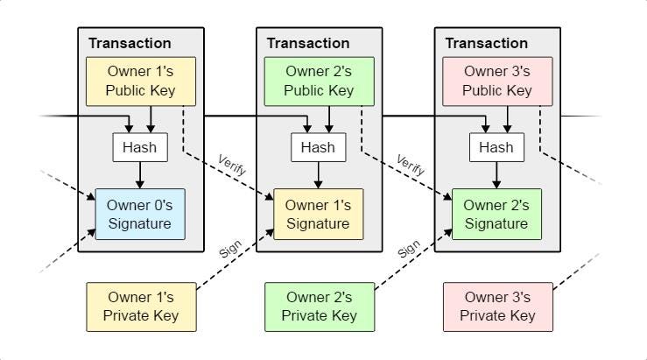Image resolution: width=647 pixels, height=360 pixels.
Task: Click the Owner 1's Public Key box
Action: (141, 81)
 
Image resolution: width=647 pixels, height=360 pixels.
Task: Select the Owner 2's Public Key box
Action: (319, 81)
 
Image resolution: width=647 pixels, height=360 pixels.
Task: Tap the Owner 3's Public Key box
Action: (497, 81)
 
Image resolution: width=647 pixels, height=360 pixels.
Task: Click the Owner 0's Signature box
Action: (140, 215)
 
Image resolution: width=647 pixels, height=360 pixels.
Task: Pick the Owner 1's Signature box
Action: (318, 215)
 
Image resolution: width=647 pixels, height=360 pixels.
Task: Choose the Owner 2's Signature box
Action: (496, 215)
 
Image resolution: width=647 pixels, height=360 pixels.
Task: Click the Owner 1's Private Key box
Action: (141, 307)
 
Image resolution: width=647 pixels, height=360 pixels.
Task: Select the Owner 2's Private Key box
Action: (320, 307)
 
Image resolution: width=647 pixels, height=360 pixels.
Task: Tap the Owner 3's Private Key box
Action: (497, 307)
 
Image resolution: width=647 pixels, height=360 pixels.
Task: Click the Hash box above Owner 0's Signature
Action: (140, 147)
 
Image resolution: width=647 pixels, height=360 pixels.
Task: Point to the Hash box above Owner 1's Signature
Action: (318, 147)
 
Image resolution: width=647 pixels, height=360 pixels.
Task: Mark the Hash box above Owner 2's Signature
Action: (496, 147)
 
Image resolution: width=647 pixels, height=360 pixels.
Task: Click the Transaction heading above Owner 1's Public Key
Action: (130, 43)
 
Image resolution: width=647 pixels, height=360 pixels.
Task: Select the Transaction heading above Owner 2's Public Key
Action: (308, 43)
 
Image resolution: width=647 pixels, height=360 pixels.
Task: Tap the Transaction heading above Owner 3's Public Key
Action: (486, 43)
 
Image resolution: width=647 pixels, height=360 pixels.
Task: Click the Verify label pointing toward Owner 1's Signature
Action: (232, 165)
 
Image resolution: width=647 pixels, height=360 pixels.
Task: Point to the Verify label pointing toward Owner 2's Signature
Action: (410, 165)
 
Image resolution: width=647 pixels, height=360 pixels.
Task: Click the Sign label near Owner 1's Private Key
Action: (230, 249)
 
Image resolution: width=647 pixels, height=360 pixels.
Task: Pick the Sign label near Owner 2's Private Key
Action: (409, 249)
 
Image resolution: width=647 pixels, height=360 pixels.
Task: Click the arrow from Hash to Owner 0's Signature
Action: (140, 175)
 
